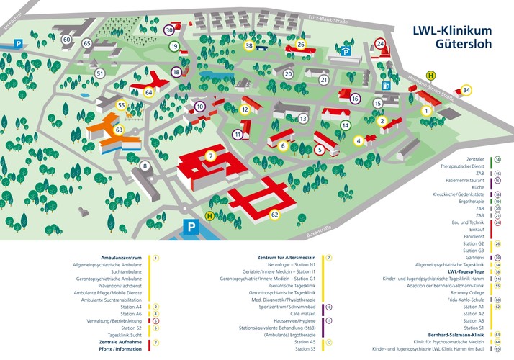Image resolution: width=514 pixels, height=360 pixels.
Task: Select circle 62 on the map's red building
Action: pos(274,215)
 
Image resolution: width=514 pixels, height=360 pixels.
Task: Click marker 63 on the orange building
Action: pos(120,130)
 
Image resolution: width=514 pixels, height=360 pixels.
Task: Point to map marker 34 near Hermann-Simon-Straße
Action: pos(466,90)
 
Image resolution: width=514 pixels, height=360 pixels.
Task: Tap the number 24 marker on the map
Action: pos(381,44)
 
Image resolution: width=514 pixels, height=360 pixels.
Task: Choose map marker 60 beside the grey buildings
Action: pos(67,40)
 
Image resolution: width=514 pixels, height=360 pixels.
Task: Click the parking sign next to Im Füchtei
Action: pos(18,44)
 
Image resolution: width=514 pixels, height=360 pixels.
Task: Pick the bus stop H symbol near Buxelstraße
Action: pos(209,215)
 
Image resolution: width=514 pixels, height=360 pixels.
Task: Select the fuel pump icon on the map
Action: pos(387,84)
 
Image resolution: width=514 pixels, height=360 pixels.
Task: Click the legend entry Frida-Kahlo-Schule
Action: pos(456,299)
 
